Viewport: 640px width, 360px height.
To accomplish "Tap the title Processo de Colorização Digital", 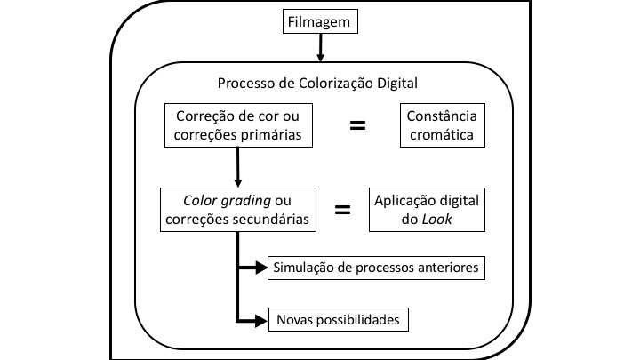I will (x=317, y=84).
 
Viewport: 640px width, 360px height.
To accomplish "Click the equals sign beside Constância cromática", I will (x=357, y=125).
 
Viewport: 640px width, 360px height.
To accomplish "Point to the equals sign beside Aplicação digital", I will (x=342, y=210).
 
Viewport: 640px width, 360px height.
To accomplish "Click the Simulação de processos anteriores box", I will (x=376, y=267).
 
